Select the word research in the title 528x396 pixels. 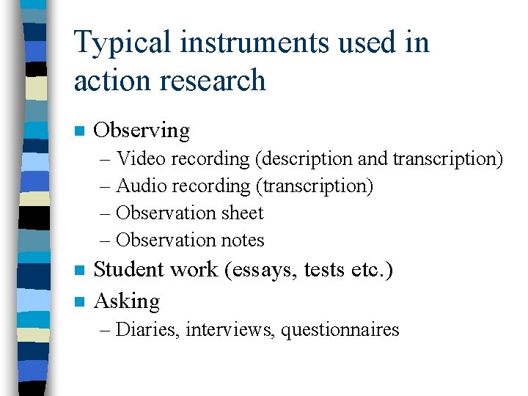tap(218, 80)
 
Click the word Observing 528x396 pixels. tap(142, 131)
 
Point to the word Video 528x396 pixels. tap(141, 158)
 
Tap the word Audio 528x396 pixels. tap(141, 186)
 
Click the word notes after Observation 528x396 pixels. tap(241, 241)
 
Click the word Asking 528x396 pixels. tap(127, 301)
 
